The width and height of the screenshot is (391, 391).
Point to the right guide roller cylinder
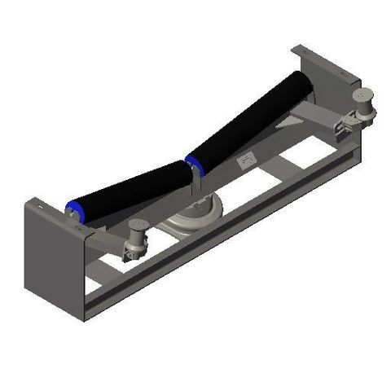click(x=358, y=103)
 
